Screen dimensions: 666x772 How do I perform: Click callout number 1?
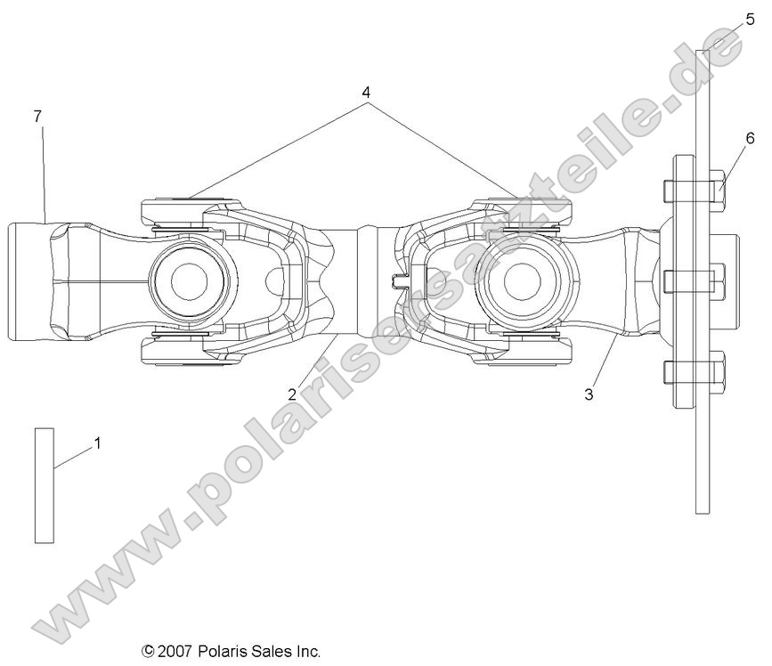[98, 442]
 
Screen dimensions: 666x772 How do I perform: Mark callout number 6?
[750, 137]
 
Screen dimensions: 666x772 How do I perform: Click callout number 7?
[37, 116]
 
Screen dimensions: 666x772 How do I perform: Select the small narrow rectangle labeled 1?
[45, 485]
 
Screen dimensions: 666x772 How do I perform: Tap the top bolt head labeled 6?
[720, 190]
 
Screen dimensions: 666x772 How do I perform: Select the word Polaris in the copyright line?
[223, 652]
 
